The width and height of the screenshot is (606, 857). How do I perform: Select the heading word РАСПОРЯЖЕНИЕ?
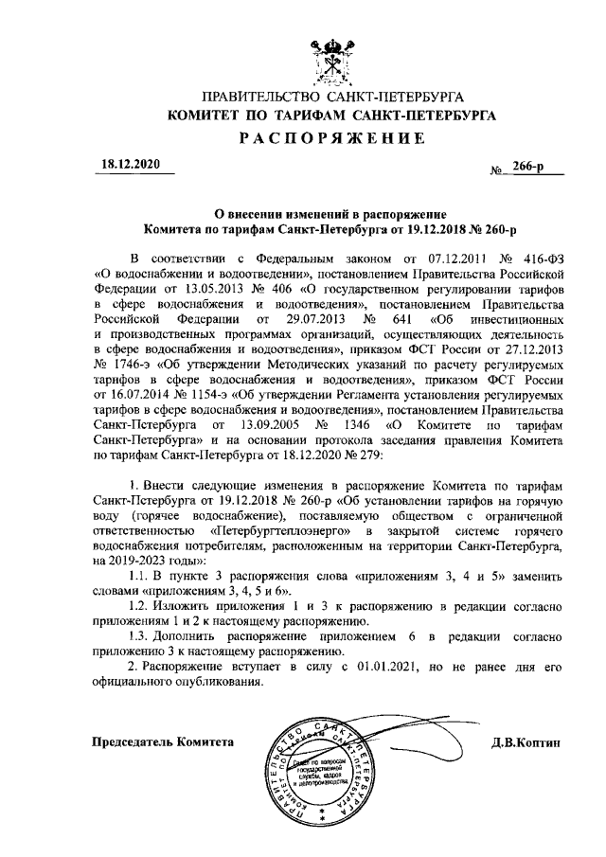pos(330,138)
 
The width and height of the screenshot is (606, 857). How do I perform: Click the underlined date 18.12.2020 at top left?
pos(132,165)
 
